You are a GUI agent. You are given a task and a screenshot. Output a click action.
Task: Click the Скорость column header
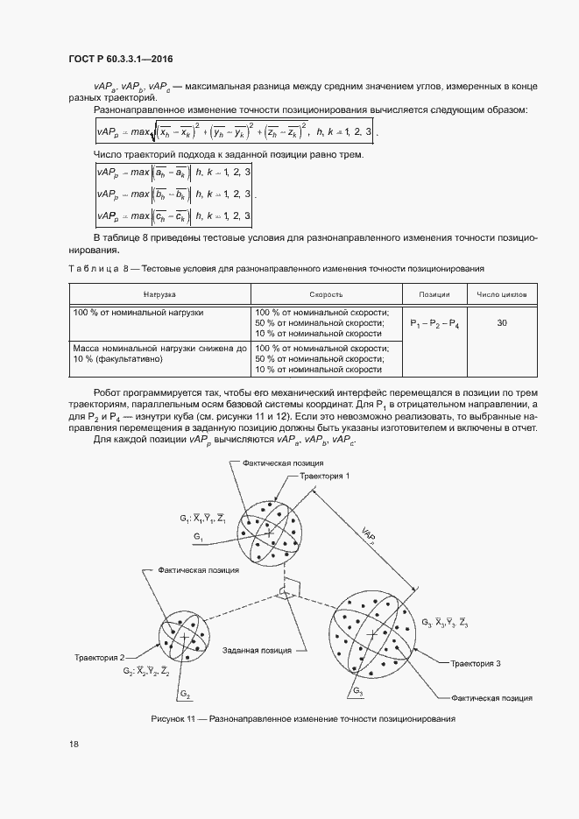326,295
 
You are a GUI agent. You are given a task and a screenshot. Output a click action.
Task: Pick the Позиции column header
434,295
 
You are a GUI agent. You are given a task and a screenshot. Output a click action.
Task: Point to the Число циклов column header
502,295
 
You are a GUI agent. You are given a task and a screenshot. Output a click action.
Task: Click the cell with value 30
502,323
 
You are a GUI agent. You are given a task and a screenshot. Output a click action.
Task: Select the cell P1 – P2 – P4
434,324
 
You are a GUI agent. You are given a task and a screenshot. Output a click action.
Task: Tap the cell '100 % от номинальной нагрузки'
138,312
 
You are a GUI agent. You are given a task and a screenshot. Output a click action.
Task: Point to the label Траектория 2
99,656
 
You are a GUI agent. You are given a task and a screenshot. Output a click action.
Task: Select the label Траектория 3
476,664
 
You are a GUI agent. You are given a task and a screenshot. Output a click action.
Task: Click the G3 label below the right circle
359,692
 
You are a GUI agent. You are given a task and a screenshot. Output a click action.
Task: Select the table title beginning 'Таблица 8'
276,267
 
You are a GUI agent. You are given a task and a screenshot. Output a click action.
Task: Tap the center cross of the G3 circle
372,632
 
